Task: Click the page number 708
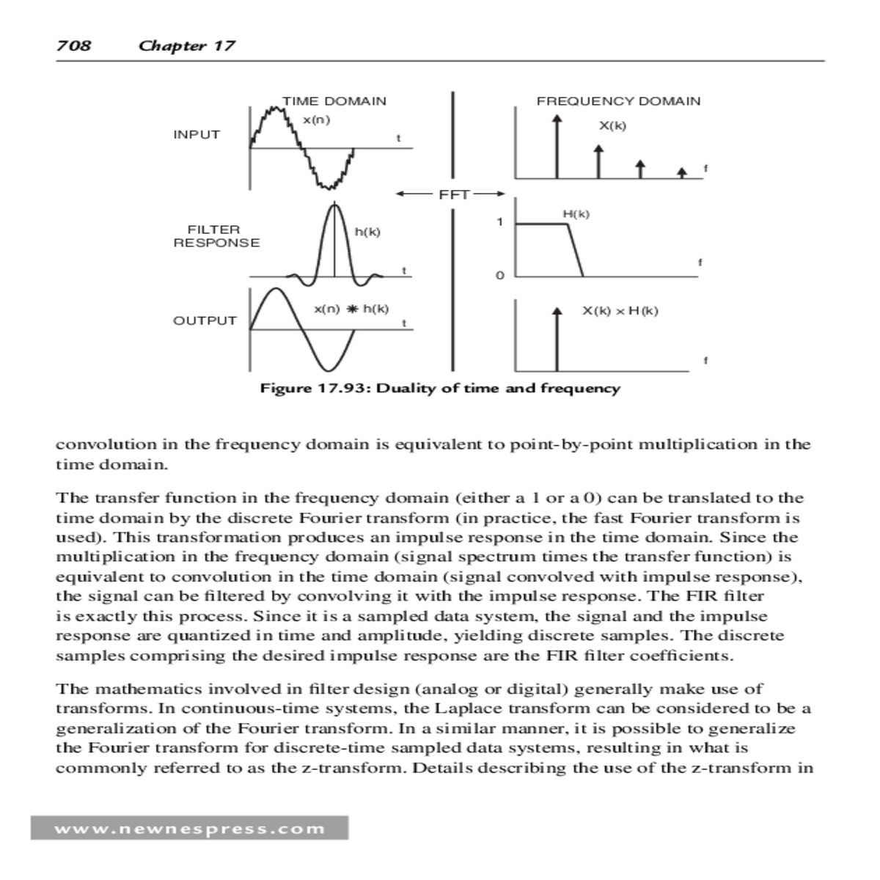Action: pyautogui.click(x=73, y=45)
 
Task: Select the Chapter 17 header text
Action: pyautogui.click(x=187, y=45)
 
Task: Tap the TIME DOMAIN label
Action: pyautogui.click(x=334, y=101)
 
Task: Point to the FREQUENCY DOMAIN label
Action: pyautogui.click(x=618, y=101)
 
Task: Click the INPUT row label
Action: pyautogui.click(x=197, y=135)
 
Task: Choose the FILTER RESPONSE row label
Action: pyautogui.click(x=216, y=236)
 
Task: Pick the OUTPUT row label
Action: pyautogui.click(x=205, y=320)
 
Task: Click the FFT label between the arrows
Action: pyautogui.click(x=453, y=194)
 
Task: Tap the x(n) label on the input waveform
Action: pyautogui.click(x=316, y=120)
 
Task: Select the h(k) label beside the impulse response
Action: pyautogui.click(x=367, y=232)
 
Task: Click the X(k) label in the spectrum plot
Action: pyautogui.click(x=612, y=125)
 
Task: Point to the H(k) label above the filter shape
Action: pyautogui.click(x=576, y=214)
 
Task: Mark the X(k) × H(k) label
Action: pyautogui.click(x=620, y=311)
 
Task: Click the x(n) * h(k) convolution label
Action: pyautogui.click(x=351, y=309)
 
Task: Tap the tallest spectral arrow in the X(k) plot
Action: pyautogui.click(x=557, y=147)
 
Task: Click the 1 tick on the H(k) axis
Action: pyautogui.click(x=500, y=222)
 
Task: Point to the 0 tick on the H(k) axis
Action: pyautogui.click(x=500, y=276)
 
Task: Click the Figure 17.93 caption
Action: pyautogui.click(x=440, y=388)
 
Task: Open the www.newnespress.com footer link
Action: pyautogui.click(x=189, y=829)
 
